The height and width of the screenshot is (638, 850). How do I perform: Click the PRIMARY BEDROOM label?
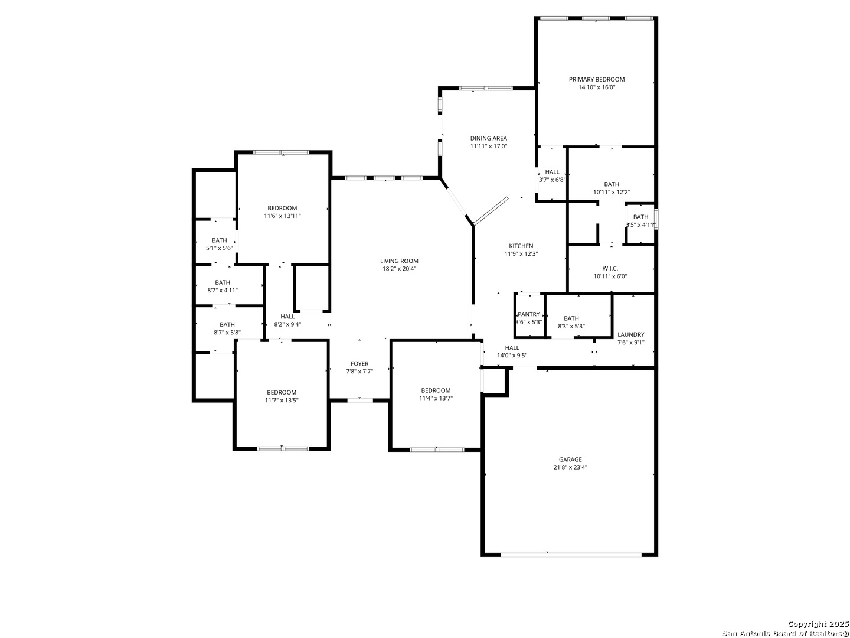[596, 79]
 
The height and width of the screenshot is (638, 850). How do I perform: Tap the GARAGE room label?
[570, 460]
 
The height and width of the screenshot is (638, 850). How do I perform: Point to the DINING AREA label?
[488, 138]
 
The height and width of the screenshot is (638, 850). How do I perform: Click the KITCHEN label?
[521, 246]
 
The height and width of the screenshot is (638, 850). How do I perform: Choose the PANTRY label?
[528, 314]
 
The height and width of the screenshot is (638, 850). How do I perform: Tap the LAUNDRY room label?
[630, 334]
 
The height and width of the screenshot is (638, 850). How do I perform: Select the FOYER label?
[359, 364]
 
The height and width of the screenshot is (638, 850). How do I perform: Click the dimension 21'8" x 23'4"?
[570, 467]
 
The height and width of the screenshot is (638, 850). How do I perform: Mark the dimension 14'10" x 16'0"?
[596, 87]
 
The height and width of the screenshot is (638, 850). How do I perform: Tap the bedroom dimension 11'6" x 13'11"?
[282, 216]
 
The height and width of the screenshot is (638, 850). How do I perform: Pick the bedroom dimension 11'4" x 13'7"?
[436, 398]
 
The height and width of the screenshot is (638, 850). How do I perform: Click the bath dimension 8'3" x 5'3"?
[571, 326]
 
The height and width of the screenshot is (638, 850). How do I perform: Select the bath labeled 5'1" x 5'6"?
[219, 248]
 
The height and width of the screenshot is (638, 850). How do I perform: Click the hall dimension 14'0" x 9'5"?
[512, 356]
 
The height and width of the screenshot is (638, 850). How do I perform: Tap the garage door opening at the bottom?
[570, 554]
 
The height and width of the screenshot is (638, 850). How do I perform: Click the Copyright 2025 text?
[818, 624]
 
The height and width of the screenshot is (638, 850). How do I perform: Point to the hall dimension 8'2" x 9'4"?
[287, 324]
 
